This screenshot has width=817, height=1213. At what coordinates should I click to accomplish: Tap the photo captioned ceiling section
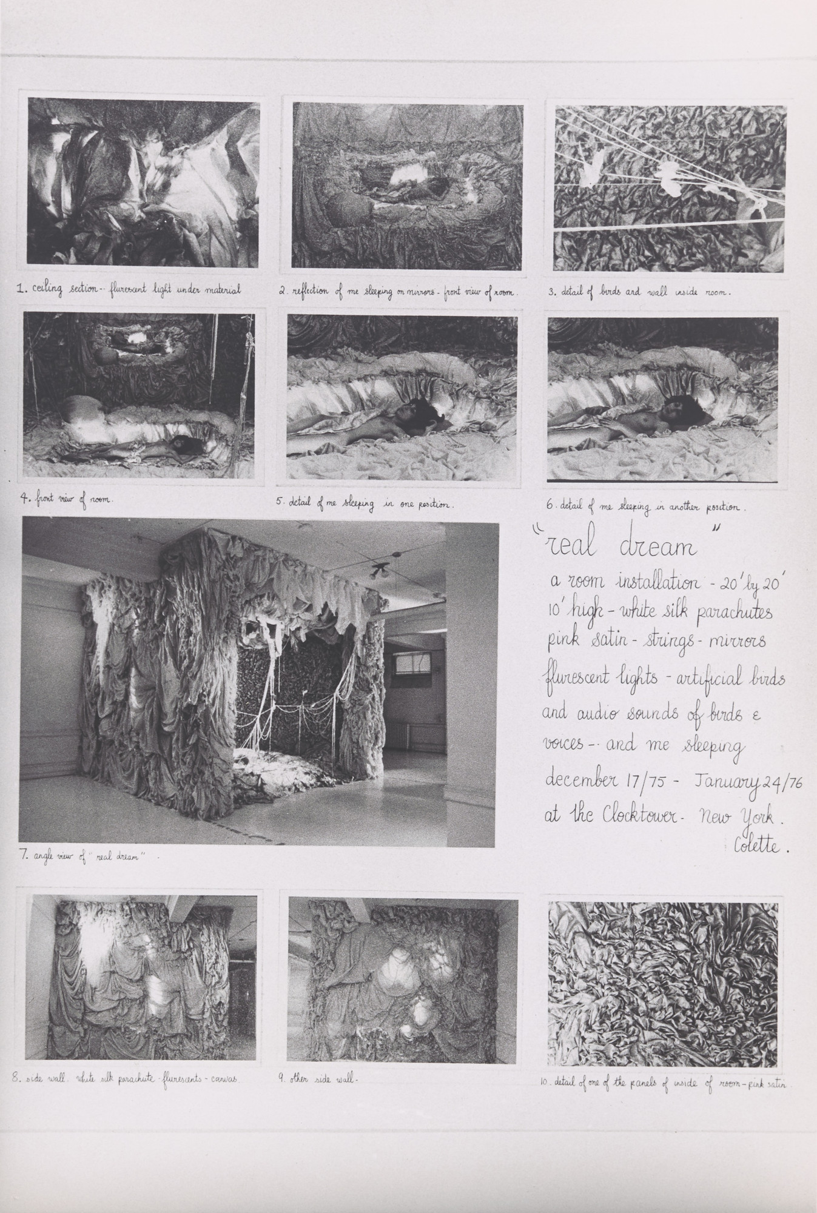pos(143,184)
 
